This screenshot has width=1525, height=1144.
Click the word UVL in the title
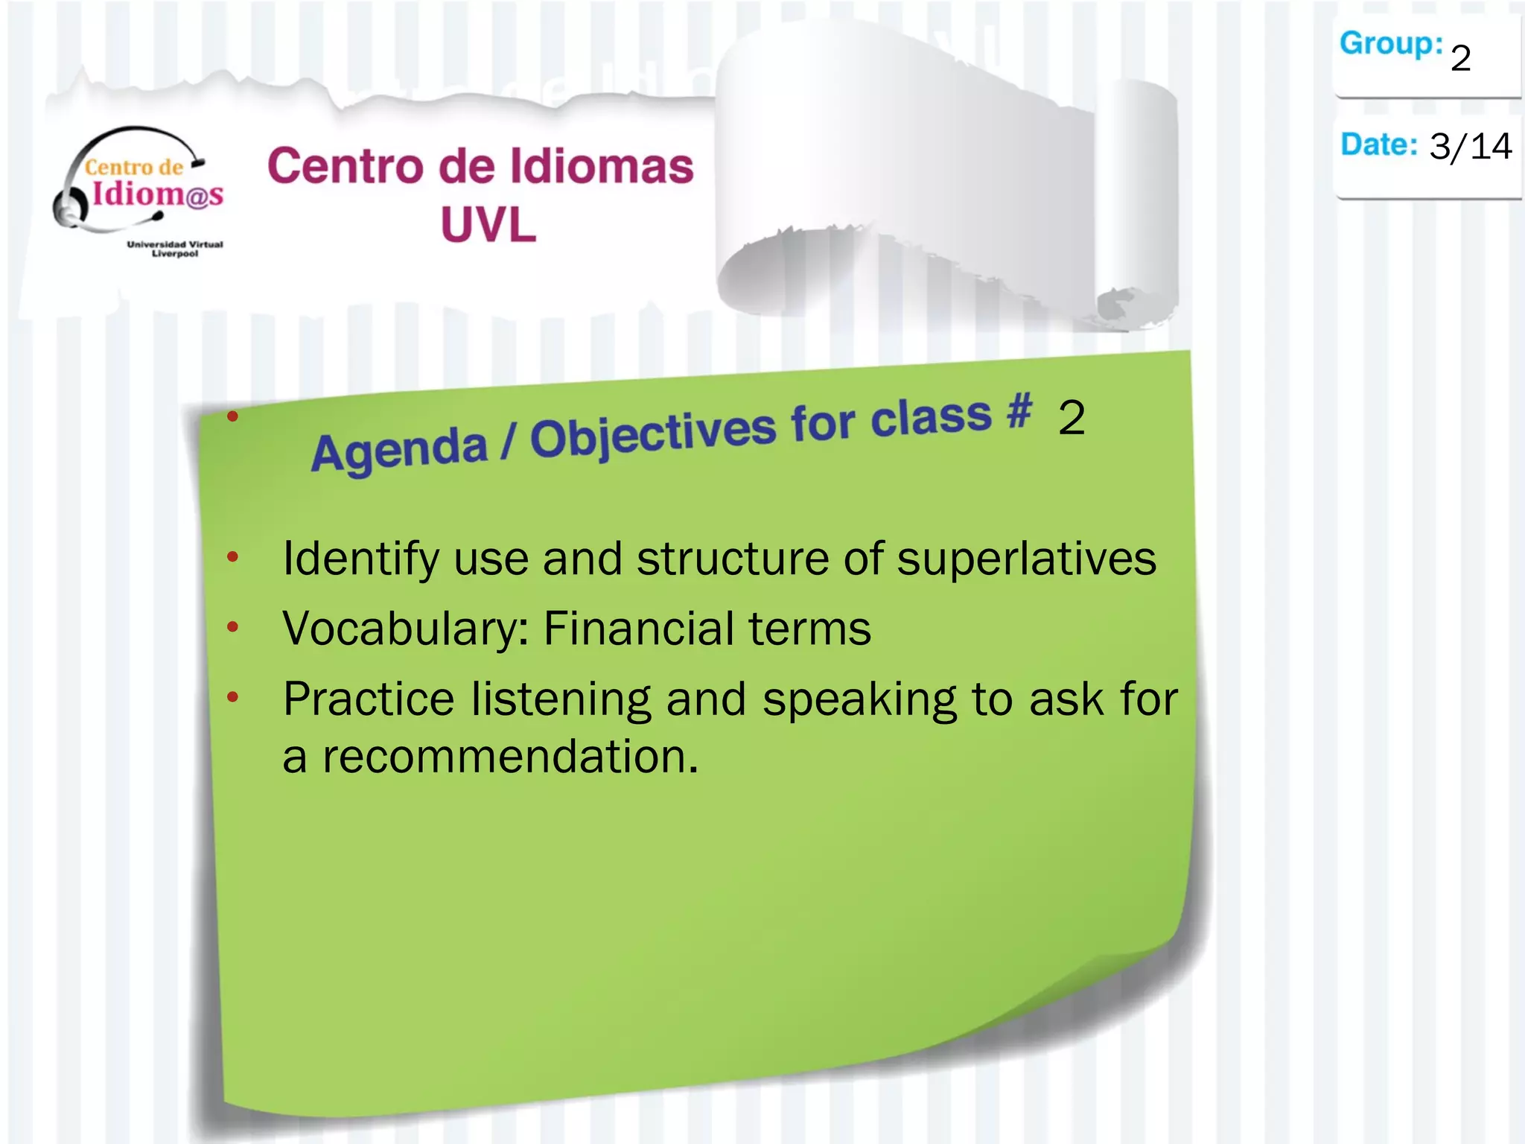click(488, 224)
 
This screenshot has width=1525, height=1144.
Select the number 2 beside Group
click(1460, 58)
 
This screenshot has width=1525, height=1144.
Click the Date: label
click(1378, 144)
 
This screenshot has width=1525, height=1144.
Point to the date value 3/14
click(1470, 146)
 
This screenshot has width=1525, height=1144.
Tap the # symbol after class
click(1019, 410)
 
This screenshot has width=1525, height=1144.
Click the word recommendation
click(510, 757)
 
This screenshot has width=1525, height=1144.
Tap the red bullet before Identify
click(232, 556)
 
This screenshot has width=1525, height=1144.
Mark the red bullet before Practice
click(232, 697)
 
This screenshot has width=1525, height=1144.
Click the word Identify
click(360, 560)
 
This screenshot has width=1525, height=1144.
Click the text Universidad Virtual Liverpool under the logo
click(175, 249)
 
